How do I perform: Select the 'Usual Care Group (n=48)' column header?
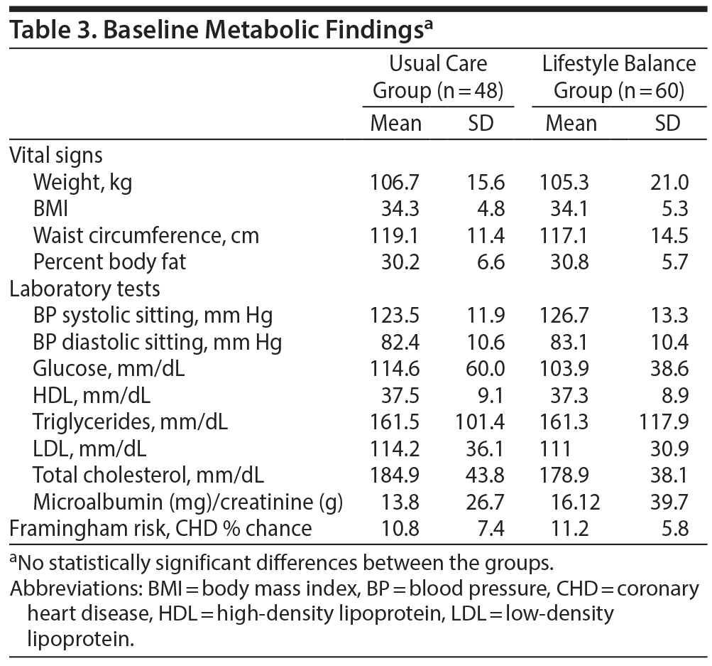438,77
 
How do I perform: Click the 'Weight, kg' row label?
82,183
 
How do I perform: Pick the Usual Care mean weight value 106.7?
395,183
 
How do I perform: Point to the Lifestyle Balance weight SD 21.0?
669,183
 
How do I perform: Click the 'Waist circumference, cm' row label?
146,235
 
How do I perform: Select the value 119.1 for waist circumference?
395,235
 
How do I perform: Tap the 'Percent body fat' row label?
109,262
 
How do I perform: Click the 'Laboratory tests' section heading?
84,289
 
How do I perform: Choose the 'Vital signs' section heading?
56,156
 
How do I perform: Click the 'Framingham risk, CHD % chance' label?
160,528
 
